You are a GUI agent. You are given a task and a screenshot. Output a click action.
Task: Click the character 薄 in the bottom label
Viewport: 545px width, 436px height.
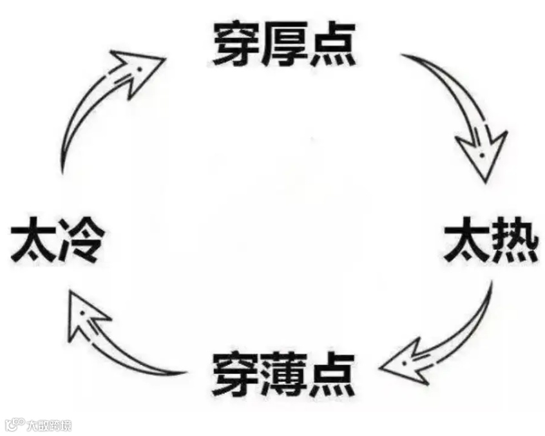click(283, 374)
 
